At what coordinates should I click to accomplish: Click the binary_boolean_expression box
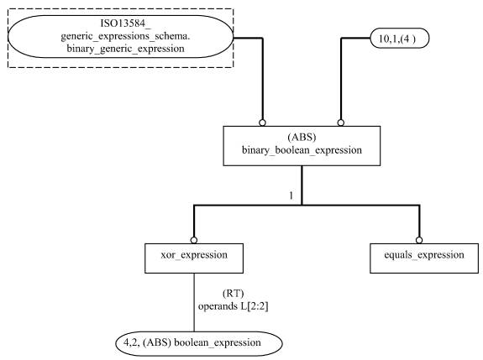point(302,145)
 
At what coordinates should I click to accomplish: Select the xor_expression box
point(194,258)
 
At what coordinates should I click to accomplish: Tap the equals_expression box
point(424,258)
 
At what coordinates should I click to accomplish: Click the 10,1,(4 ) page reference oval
point(400,38)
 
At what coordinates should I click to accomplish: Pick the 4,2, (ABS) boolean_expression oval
point(199,343)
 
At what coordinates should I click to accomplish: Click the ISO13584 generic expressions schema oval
point(120,37)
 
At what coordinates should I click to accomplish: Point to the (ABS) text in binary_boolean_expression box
point(302,137)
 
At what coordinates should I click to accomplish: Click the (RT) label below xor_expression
point(234,293)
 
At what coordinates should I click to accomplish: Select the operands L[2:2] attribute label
point(234,306)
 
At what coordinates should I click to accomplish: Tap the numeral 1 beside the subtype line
point(291,196)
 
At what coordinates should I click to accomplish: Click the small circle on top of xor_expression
point(194,240)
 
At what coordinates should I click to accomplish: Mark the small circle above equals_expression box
point(419,240)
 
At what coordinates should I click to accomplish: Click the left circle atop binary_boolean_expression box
point(262,123)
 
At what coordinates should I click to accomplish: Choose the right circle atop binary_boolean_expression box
point(340,123)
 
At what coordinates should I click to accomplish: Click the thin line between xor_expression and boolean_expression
point(194,302)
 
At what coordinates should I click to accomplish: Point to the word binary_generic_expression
point(126,49)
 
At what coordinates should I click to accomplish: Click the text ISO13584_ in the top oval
point(126,23)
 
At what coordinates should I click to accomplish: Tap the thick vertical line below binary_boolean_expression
point(302,185)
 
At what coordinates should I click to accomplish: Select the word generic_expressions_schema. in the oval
point(125,36)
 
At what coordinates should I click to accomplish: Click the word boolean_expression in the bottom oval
point(218,342)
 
